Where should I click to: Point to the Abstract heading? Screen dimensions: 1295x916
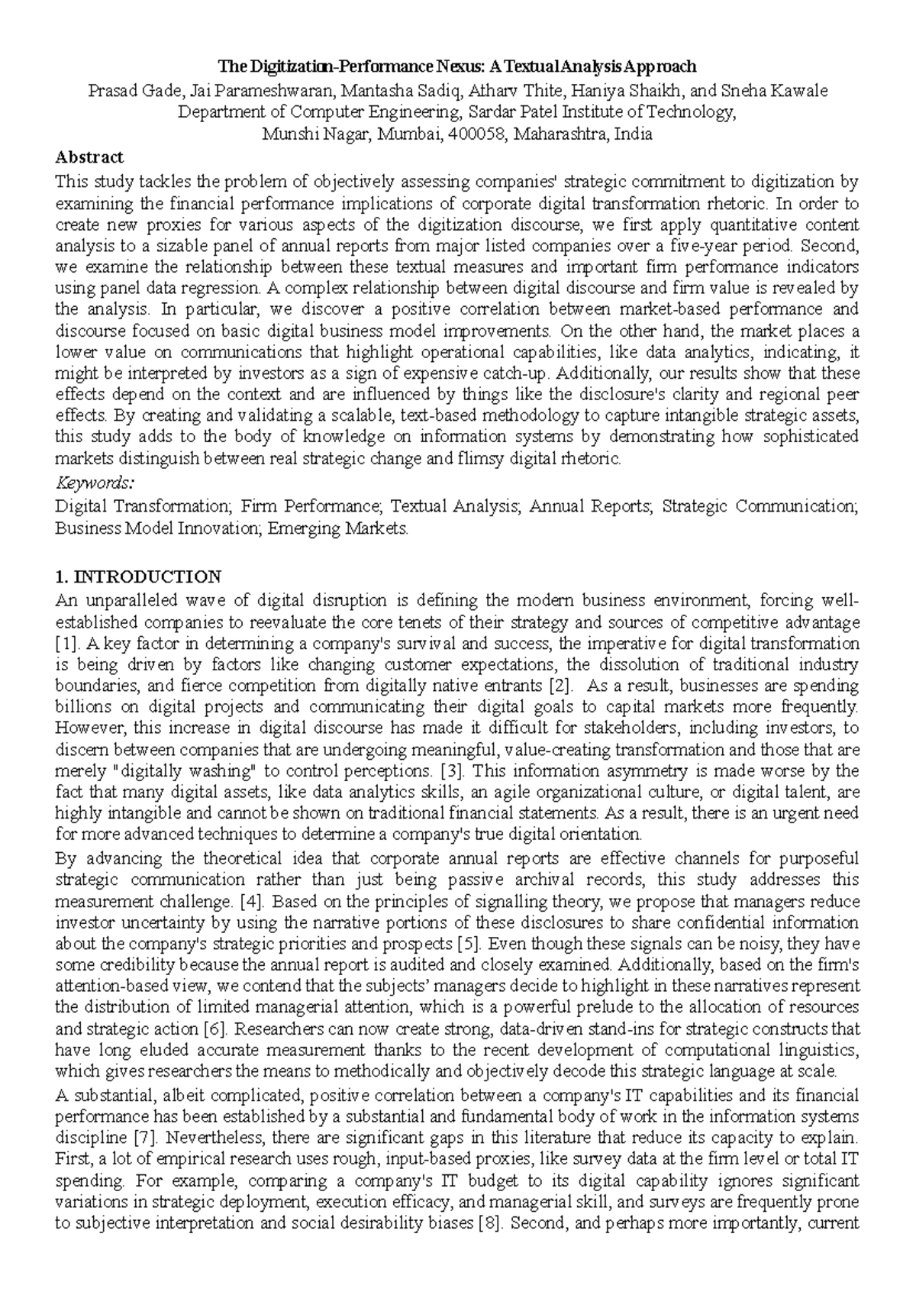pyautogui.click(x=89, y=157)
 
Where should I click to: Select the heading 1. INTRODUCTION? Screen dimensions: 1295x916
pyautogui.click(x=138, y=576)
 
